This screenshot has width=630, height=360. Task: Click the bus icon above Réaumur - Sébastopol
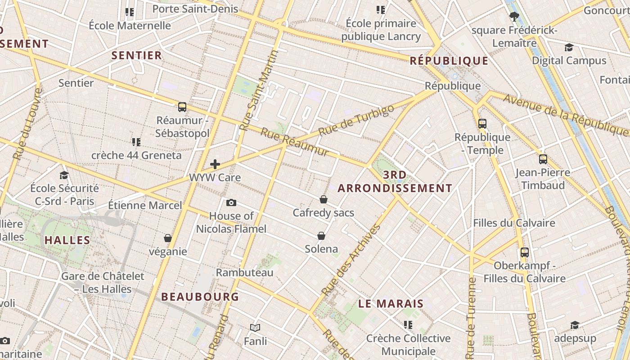pyautogui.click(x=182, y=107)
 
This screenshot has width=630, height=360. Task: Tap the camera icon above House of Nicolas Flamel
pyautogui.click(x=231, y=202)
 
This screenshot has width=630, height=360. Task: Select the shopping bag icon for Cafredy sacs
pyautogui.click(x=323, y=199)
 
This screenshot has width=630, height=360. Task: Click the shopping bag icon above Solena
pyautogui.click(x=321, y=236)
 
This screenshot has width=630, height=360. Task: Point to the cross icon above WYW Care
pyautogui.click(x=215, y=164)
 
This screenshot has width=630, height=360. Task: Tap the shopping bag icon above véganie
pyautogui.click(x=168, y=238)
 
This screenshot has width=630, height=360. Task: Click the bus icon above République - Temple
pyautogui.click(x=482, y=123)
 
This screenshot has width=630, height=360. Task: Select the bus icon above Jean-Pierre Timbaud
pyautogui.click(x=543, y=159)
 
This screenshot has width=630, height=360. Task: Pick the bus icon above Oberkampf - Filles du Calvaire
pyautogui.click(x=524, y=252)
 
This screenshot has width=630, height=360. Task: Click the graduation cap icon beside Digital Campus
pyautogui.click(x=569, y=47)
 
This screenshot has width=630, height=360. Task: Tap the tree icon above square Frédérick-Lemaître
pyautogui.click(x=514, y=17)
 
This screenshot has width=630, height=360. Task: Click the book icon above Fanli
pyautogui.click(x=255, y=328)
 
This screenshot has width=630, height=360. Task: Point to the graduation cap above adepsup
pyautogui.click(x=575, y=325)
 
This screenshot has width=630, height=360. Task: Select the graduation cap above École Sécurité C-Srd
pyautogui.click(x=64, y=175)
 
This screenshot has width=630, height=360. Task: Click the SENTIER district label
pyautogui.click(x=136, y=55)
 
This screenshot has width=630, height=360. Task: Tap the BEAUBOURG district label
pyautogui.click(x=200, y=297)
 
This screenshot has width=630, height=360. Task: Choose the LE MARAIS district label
pyautogui.click(x=391, y=303)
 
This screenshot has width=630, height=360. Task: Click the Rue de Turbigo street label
pyautogui.click(x=356, y=121)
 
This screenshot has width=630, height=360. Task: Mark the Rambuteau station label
pyautogui.click(x=244, y=272)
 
